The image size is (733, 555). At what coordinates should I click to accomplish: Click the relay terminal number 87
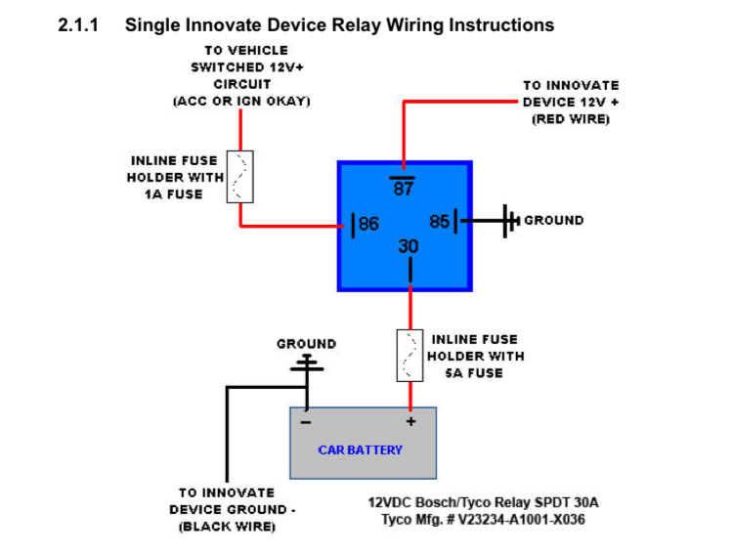point(403,189)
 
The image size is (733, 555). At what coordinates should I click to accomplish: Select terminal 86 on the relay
point(368,224)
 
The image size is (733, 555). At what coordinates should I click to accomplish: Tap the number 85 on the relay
point(440,221)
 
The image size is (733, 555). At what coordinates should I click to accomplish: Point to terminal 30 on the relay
point(409,246)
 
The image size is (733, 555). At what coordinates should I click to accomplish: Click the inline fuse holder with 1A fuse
point(239,177)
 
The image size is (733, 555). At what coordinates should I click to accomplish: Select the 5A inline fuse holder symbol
point(410,356)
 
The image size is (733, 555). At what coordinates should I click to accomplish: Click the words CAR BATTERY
point(360,449)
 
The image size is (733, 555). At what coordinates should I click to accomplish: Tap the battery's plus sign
point(410,421)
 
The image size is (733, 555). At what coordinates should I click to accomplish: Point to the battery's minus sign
point(306,423)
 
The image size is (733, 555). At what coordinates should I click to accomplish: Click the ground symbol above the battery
point(307,363)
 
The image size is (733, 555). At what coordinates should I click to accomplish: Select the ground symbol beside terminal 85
point(510,221)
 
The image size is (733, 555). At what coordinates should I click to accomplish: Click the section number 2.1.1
point(78,24)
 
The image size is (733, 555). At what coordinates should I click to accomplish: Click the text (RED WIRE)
point(571,119)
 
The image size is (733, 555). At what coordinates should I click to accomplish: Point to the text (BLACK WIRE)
point(227,527)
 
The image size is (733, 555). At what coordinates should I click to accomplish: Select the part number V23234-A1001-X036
point(521,520)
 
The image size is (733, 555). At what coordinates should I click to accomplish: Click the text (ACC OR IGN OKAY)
point(241,101)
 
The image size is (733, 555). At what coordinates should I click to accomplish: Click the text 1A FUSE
point(173,194)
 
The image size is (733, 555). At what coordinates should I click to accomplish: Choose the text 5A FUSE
point(474,373)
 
